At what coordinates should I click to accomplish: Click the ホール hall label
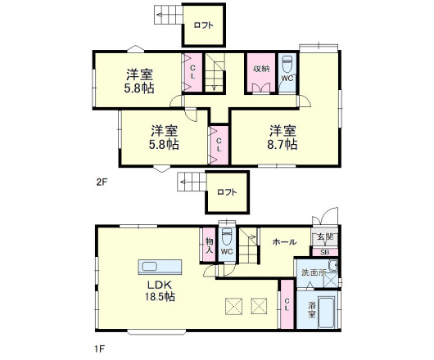tap(284, 242)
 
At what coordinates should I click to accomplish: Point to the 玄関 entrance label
tap(324, 237)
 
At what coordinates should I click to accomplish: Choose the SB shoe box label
tap(324, 252)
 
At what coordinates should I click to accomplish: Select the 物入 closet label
tap(209, 245)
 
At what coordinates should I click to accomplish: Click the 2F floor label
tap(102, 182)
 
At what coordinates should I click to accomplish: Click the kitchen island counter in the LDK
tap(160, 268)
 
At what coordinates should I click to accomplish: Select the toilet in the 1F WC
tap(227, 238)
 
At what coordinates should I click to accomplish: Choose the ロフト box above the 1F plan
tap(227, 192)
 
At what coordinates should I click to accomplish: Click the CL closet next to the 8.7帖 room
tap(219, 145)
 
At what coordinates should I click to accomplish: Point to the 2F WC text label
tap(287, 79)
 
